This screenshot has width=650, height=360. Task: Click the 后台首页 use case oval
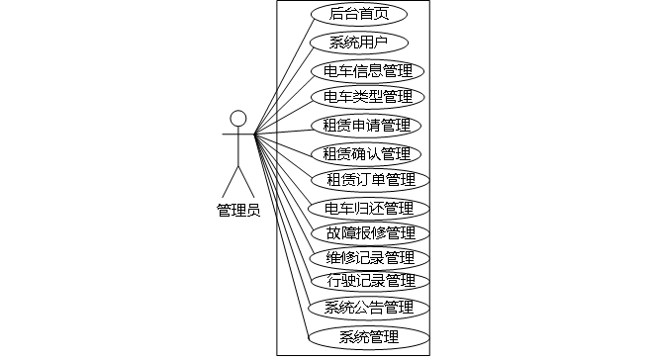[x=359, y=14]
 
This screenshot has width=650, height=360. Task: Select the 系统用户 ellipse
[x=359, y=43]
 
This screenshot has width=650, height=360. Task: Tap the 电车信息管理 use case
[x=368, y=71]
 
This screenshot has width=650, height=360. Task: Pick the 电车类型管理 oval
[x=368, y=97]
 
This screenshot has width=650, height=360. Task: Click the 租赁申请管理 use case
[x=366, y=126]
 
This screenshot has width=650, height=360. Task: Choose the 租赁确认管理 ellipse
[x=366, y=154]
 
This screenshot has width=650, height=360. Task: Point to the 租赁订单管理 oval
[x=370, y=180]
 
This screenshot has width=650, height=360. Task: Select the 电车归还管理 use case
[x=369, y=209]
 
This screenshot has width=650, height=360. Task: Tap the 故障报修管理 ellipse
[x=370, y=233]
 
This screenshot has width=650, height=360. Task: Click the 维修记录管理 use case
[x=369, y=258]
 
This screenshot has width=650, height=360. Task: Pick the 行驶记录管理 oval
[x=370, y=281]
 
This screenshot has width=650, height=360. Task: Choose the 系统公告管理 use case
[x=369, y=308]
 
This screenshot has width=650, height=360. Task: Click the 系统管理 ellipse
[x=369, y=337]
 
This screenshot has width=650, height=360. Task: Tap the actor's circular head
[x=238, y=119]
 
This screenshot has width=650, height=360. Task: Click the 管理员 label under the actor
[x=238, y=211]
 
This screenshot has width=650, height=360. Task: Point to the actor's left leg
[x=231, y=182]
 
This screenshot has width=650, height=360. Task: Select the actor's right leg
[x=246, y=182]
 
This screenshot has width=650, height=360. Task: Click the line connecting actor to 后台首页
[x=285, y=76]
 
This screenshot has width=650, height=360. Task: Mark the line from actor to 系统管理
[x=282, y=236]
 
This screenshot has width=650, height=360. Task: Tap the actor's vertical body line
[x=238, y=146]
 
